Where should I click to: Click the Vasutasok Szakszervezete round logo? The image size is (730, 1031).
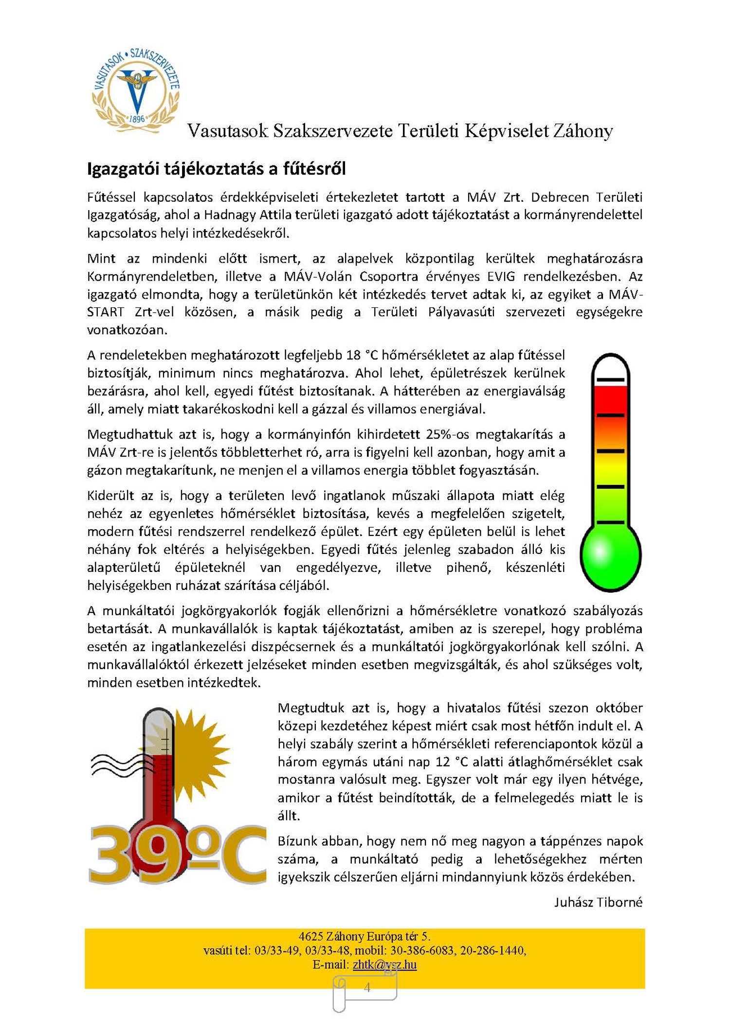[136, 91]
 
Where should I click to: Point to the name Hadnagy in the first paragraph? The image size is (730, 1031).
[230, 215]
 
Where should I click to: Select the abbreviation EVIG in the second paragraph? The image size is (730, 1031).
[501, 277]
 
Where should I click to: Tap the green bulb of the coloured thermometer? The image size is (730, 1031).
[610, 554]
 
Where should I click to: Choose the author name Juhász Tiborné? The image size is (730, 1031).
[598, 903]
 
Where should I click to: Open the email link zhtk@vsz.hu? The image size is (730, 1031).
[384, 964]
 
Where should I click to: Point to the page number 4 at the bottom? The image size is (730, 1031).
[367, 987]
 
